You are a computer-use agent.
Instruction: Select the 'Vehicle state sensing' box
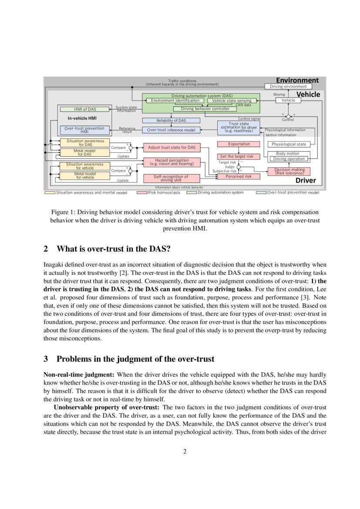[x=232, y=101]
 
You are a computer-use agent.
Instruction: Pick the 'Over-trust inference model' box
[x=172, y=130]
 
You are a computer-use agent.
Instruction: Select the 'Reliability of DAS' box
[x=172, y=120]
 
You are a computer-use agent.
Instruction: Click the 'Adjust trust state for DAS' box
[x=172, y=148]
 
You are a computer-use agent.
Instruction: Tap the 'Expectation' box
[x=239, y=144]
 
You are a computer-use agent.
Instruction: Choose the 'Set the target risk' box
[x=239, y=156]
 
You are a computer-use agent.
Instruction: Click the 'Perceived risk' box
[x=239, y=176]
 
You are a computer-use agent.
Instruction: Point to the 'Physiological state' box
[x=289, y=144]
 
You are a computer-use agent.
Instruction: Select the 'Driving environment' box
[x=288, y=87]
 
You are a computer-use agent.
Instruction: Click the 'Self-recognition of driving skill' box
[x=172, y=178]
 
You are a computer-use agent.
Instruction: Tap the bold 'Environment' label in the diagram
[x=297, y=80]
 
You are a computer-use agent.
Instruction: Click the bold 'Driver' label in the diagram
[x=306, y=180]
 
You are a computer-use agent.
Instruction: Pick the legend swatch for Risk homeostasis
[x=142, y=192]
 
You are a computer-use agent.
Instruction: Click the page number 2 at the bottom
[x=185, y=451]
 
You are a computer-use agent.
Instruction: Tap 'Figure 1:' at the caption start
[x=64, y=212]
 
